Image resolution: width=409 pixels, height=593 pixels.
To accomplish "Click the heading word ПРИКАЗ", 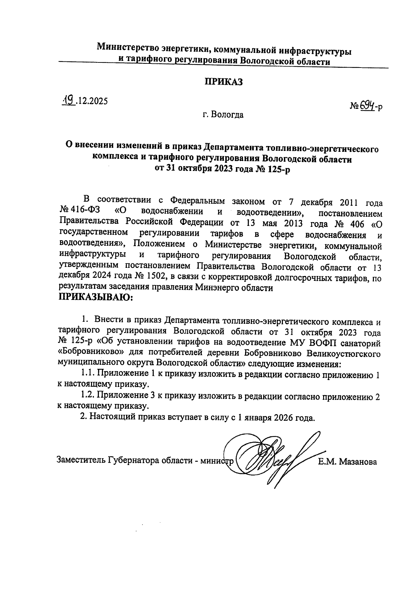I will click(223, 82).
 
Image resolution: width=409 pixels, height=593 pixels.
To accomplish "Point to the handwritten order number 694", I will click(364, 106).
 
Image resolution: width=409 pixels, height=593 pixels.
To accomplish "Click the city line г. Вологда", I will click(223, 115).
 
